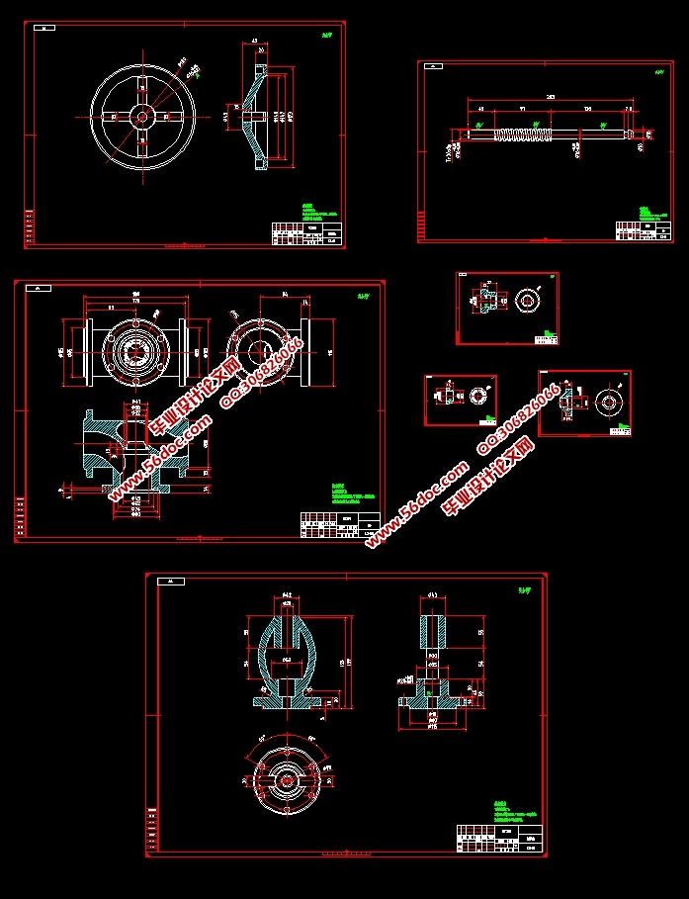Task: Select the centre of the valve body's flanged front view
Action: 135,351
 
